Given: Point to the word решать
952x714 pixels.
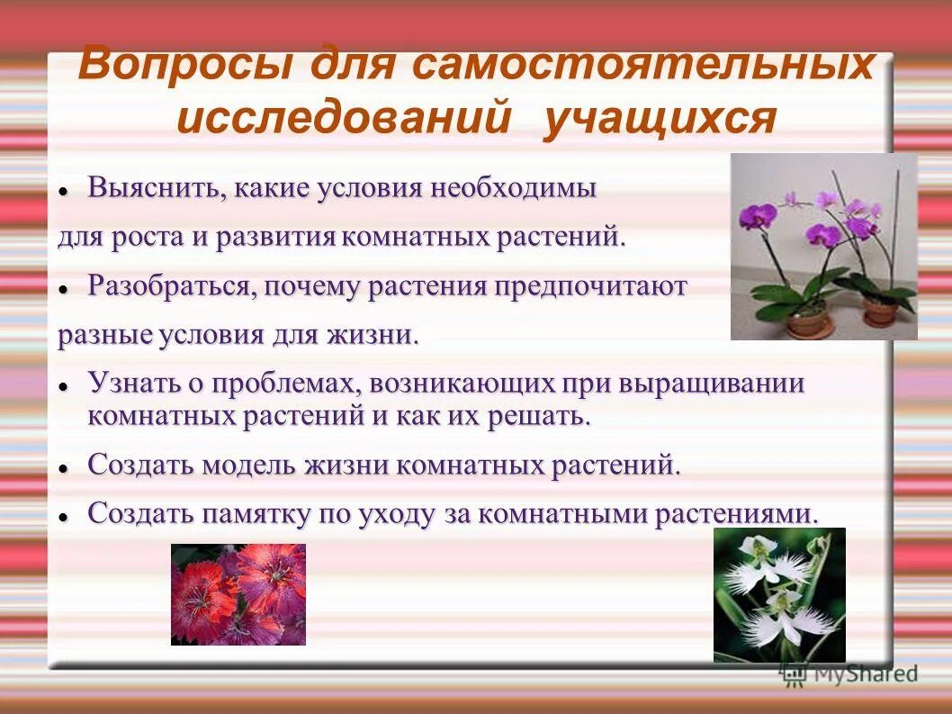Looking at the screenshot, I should [x=550, y=417].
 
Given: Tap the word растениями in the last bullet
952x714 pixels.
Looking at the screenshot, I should [x=737, y=514].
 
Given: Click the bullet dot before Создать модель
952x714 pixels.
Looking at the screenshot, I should [x=63, y=469].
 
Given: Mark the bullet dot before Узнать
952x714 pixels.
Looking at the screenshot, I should [x=63, y=385].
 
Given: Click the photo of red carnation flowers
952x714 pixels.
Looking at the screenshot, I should [x=238, y=594].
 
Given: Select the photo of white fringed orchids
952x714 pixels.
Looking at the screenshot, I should [x=779, y=595].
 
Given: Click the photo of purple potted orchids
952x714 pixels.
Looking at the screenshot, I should [x=823, y=246].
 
